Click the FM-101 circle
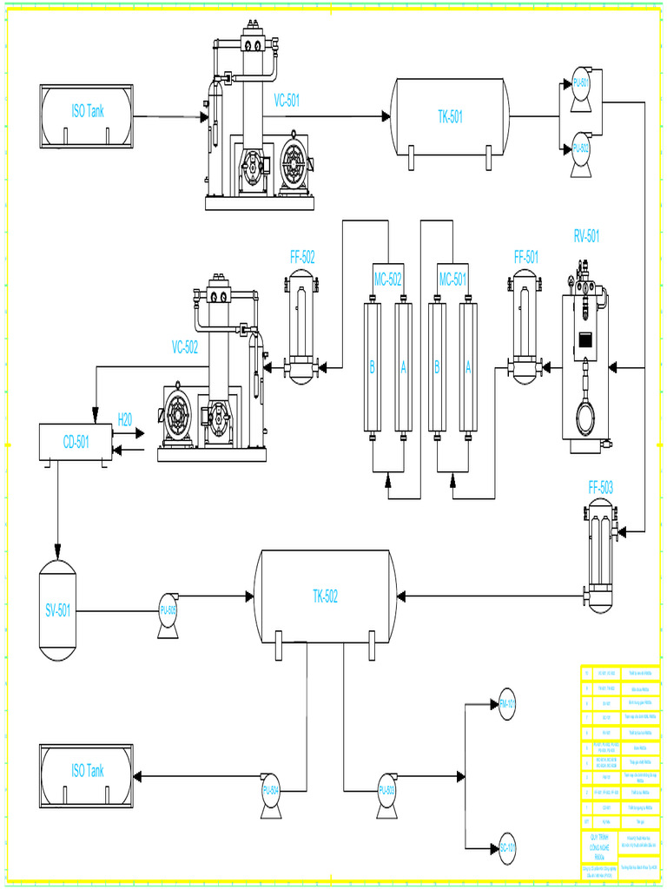coord(507,704)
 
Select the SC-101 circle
coord(507,847)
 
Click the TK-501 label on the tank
coord(450,117)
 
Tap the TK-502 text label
coord(325,596)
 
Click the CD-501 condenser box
coord(76,442)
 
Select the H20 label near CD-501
coord(125,419)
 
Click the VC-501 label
coord(287,101)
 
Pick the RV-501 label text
coord(586,235)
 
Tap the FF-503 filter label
coord(600,489)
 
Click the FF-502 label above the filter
coord(302,257)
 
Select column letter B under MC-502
coord(373,367)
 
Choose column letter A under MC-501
coord(469,367)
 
